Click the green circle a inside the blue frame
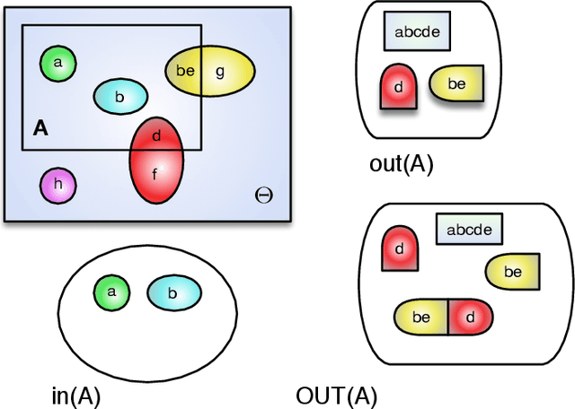click(x=58, y=63)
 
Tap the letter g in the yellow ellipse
click(x=220, y=71)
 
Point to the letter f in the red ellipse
click(x=155, y=175)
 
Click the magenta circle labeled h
click(x=58, y=186)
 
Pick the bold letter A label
click(x=40, y=129)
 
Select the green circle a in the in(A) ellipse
click(x=112, y=292)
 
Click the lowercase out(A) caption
click(x=401, y=164)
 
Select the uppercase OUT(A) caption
click(x=336, y=396)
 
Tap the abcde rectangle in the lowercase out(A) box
click(x=417, y=31)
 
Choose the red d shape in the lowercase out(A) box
click(x=399, y=87)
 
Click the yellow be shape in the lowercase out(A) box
click(x=456, y=83)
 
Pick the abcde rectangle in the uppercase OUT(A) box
click(x=469, y=230)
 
